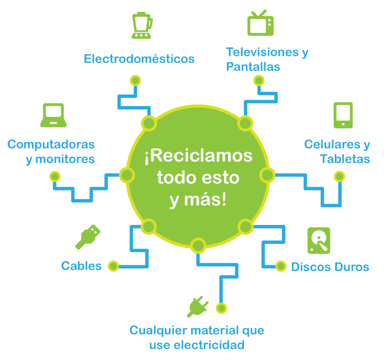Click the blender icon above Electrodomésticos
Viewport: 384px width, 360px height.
(141, 25)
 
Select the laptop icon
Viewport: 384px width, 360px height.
(54, 115)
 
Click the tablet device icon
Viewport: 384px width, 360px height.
(343, 115)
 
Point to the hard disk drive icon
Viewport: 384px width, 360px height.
(318, 240)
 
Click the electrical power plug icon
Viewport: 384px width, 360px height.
(198, 307)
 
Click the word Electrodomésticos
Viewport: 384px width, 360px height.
(139, 59)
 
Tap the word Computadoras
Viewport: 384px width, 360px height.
(51, 145)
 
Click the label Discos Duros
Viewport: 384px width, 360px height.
(330, 267)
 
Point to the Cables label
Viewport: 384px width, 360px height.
(81, 266)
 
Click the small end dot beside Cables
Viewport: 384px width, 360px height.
(113, 266)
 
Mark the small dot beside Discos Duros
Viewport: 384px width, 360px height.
(281, 266)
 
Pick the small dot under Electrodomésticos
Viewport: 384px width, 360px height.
(135, 80)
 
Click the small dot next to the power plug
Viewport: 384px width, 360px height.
(221, 308)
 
